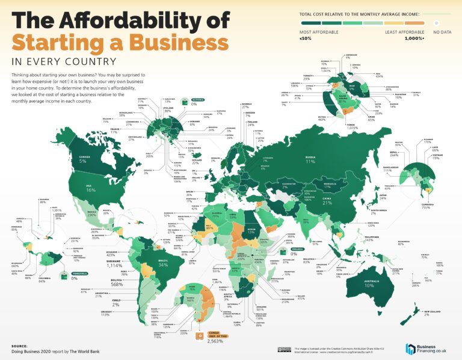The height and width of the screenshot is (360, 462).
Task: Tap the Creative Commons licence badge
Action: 282,349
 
